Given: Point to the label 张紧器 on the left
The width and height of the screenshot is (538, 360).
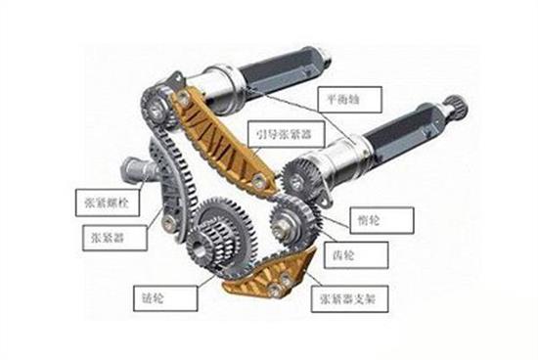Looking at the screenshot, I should click(x=102, y=236).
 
